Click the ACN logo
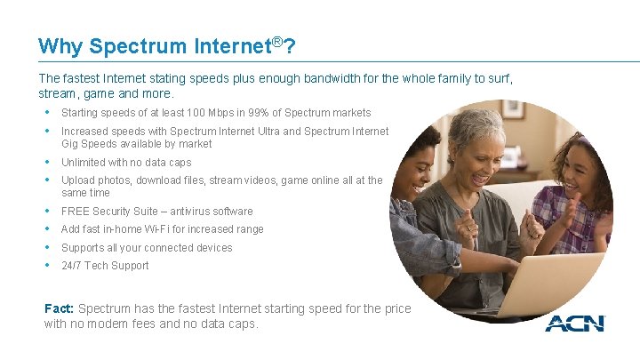(574, 323)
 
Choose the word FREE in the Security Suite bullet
(75, 212)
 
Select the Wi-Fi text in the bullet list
(159, 229)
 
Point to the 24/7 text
(72, 266)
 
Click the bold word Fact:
(60, 308)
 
